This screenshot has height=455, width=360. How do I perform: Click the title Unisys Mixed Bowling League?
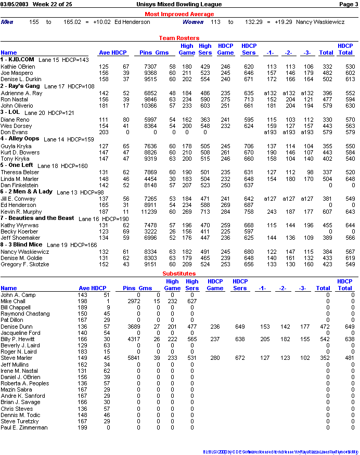179,4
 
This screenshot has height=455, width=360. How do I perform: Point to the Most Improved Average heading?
179,14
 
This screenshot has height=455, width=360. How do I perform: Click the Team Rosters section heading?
179,38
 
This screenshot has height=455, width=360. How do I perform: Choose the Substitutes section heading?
179,274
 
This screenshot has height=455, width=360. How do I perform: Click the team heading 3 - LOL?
10,112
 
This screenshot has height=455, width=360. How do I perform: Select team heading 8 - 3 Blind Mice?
21,244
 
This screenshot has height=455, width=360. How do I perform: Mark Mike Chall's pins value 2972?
133,301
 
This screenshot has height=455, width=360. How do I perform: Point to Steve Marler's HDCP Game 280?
215,358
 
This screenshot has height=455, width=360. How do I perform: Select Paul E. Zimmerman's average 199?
82,427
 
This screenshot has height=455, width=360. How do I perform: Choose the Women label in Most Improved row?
192,22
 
